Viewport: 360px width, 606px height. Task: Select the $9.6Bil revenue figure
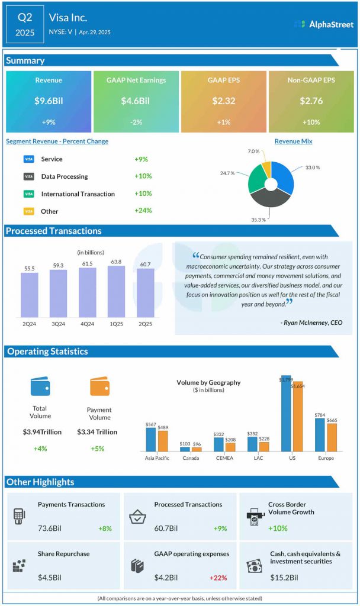(49, 101)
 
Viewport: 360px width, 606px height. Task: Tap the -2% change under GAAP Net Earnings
(136, 122)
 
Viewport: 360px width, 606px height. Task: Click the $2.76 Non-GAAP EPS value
(311, 101)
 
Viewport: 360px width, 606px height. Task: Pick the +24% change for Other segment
(143, 210)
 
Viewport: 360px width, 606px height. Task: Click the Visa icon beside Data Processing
(28, 176)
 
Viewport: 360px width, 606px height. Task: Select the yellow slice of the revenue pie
(266, 169)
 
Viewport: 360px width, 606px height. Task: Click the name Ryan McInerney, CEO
(309, 323)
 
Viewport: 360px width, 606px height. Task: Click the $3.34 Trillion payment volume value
(97, 432)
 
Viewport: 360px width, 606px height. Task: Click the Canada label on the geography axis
(191, 458)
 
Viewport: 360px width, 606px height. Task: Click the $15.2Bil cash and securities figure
(285, 578)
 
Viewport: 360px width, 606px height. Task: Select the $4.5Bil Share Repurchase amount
(49, 578)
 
